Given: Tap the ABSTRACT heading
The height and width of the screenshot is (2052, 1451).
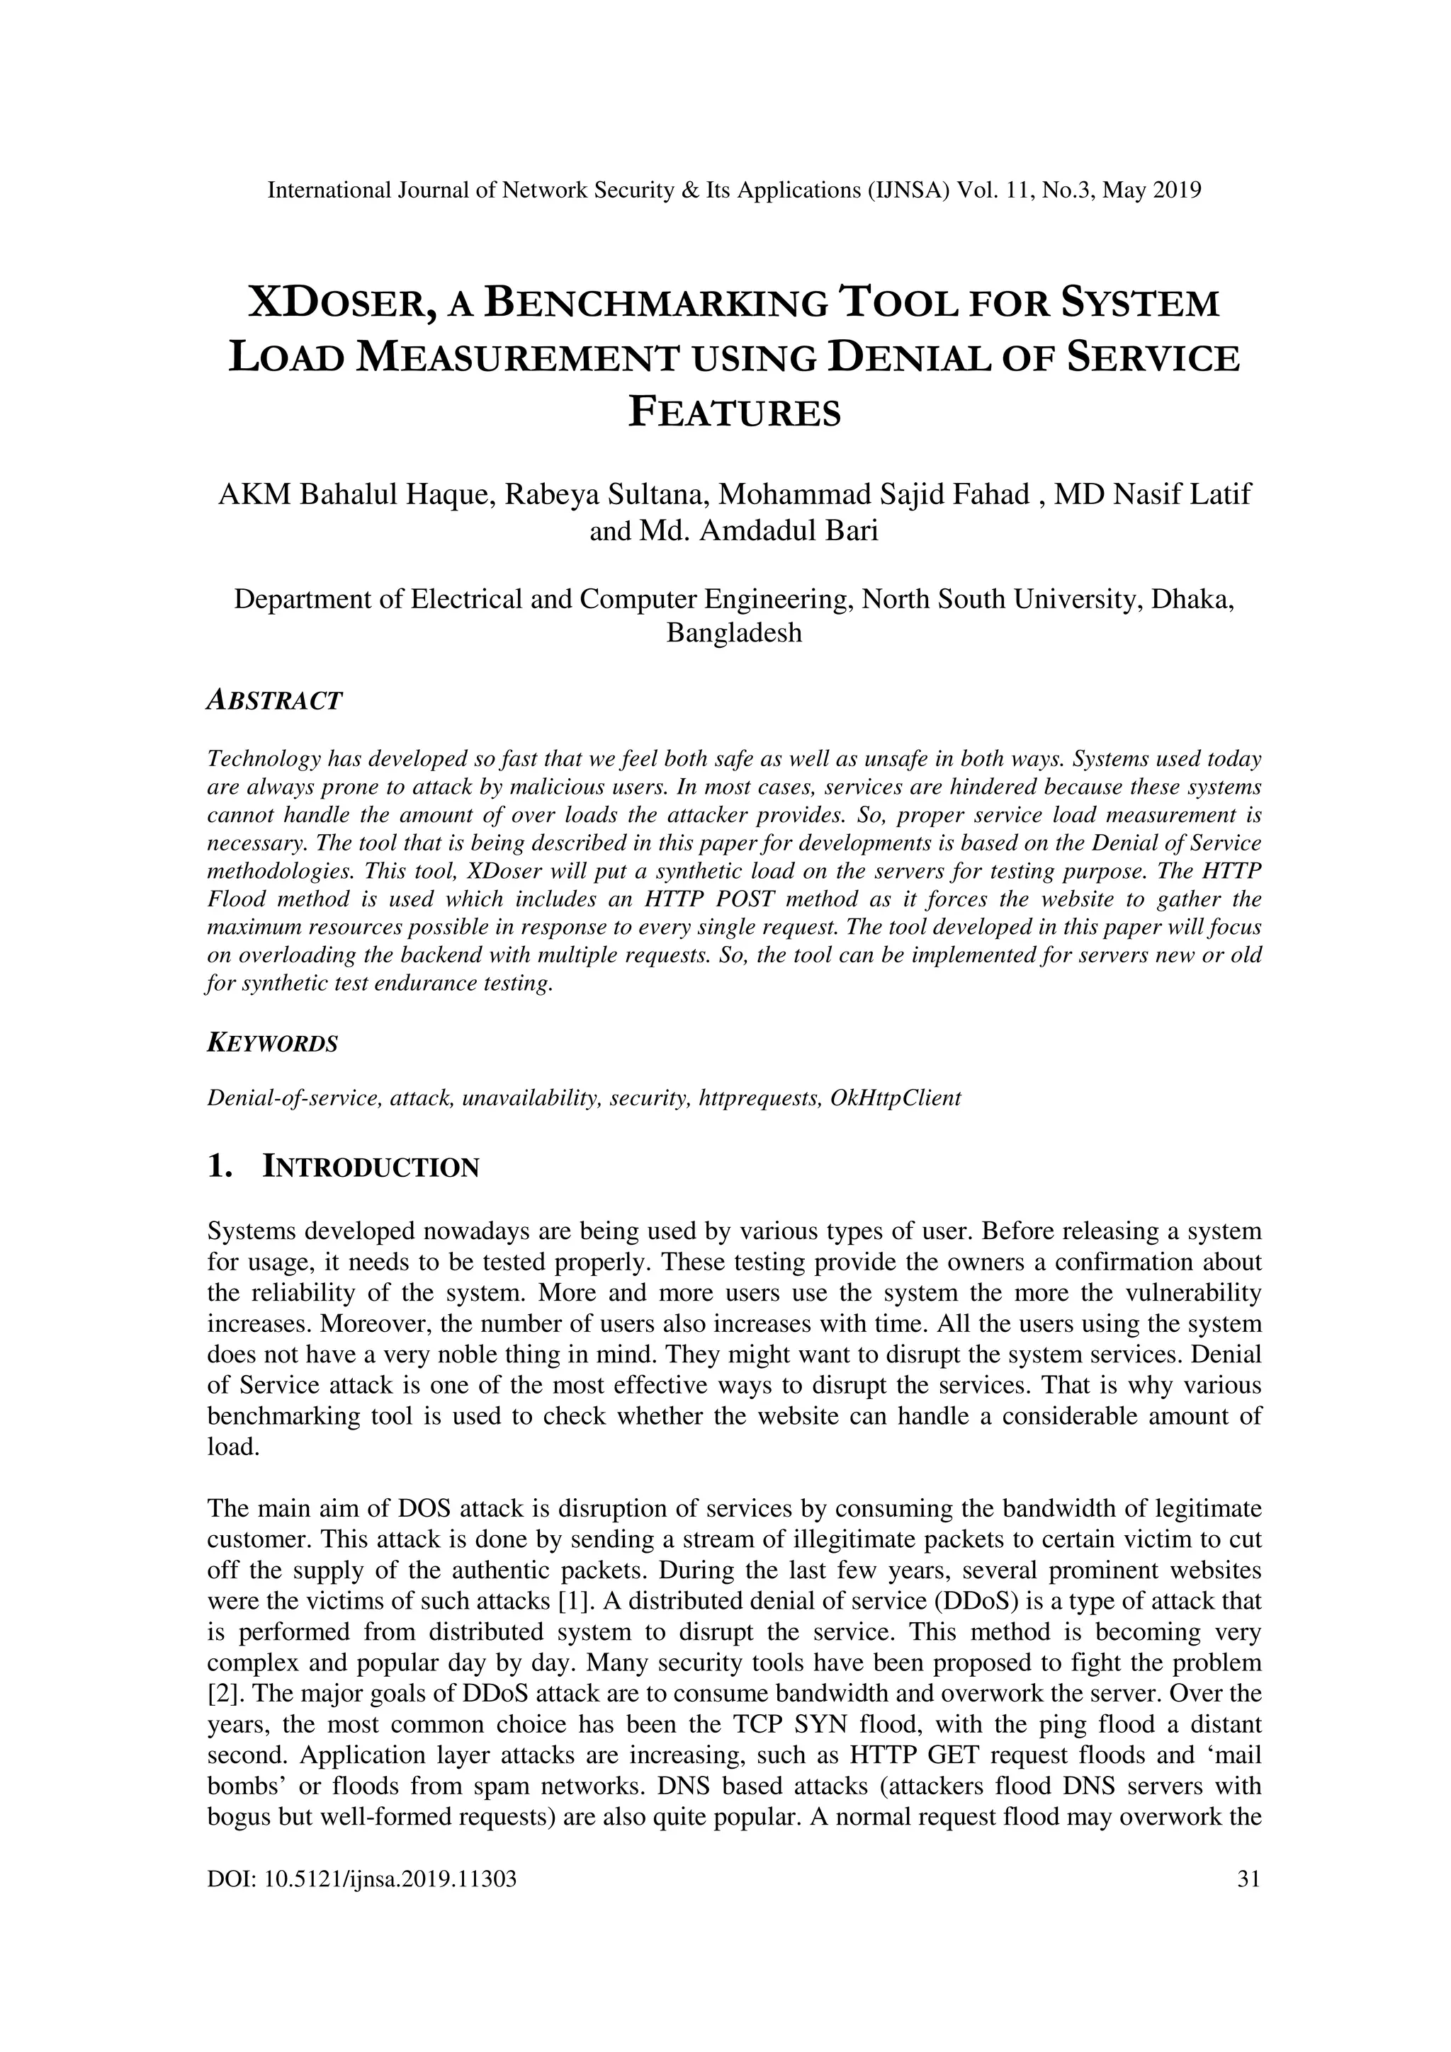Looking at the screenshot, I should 273,701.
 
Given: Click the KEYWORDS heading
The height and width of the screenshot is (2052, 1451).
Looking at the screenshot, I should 272,1043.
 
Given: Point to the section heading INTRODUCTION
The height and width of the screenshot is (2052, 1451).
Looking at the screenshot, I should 371,1167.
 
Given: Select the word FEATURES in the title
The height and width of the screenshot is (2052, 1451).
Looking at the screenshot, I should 734,413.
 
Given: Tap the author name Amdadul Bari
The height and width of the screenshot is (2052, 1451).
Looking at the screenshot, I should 789,531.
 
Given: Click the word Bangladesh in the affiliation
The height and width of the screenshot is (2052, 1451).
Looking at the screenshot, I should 734,633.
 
